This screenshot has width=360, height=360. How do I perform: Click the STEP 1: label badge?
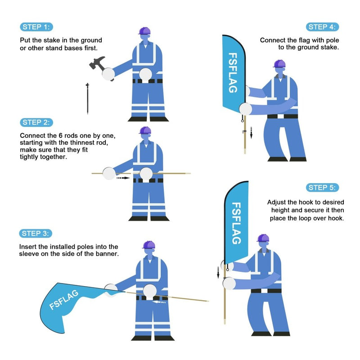click(x=36, y=27)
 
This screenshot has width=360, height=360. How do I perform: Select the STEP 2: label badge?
click(x=36, y=122)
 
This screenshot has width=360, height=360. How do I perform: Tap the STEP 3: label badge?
click(x=36, y=233)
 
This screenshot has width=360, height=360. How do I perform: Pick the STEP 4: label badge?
click(x=323, y=27)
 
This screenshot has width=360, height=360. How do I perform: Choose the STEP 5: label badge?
click(x=323, y=188)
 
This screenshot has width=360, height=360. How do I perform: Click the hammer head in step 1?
click(x=97, y=63)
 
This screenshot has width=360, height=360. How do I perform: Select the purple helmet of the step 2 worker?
click(x=145, y=130)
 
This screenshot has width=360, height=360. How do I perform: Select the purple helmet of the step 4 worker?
click(x=279, y=63)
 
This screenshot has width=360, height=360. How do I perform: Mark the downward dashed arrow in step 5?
click(x=218, y=272)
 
